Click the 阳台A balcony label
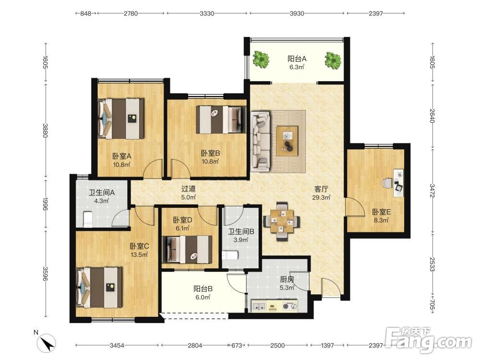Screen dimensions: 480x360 pos(297,59)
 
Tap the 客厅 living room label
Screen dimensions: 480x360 pos(321,189)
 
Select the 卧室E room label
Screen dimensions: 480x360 pos(381,212)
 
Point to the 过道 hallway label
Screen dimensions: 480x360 pos(188,189)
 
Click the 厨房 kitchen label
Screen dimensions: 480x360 pos(287,279)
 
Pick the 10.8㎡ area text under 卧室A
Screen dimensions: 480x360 pos(122,165)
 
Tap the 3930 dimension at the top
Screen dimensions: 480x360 pos(297,13)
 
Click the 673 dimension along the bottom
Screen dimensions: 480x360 pos(236,345)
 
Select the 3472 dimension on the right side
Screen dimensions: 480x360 pos(432,191)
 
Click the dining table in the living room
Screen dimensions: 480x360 pos(282,221)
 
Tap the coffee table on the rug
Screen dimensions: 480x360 pos(287,141)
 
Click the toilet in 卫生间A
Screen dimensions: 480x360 pos(88,219)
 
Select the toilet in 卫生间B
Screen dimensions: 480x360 pos(230,255)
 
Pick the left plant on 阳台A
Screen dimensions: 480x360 pos(261,60)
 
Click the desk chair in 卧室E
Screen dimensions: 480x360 pos(387,183)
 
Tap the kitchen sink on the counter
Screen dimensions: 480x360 pos(259,306)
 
